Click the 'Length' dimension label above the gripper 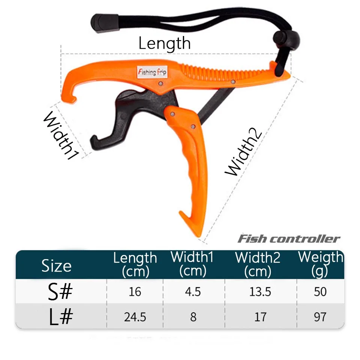[164, 43]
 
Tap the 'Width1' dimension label [61, 135]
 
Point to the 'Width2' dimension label [243, 151]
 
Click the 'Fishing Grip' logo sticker [152, 72]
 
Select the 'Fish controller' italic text [289, 239]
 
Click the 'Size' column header [57, 266]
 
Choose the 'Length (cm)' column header [135, 264]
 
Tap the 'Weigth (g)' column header [321, 264]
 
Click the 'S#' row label [60, 292]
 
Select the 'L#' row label [61, 317]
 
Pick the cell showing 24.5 [135, 317]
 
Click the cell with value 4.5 [193, 292]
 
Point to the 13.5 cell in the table [260, 292]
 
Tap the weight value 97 [320, 317]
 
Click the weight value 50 [320, 292]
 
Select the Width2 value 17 [260, 317]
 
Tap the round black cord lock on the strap [286, 39]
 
